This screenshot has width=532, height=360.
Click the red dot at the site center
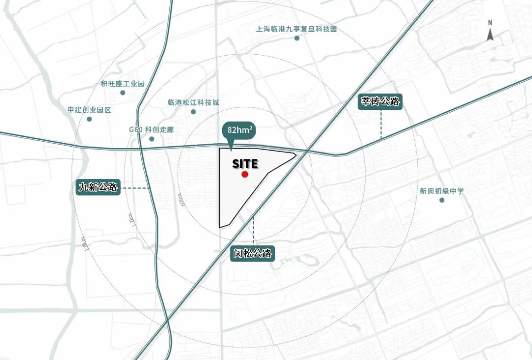[x=245, y=174]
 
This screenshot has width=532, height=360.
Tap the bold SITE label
[x=245, y=164]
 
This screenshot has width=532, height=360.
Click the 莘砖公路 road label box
[x=380, y=102]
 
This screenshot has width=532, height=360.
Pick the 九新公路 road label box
[x=98, y=187]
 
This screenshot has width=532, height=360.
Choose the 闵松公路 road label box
[x=253, y=254]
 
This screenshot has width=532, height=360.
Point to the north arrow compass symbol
[x=490, y=32]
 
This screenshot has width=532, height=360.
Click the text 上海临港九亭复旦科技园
[x=296, y=29]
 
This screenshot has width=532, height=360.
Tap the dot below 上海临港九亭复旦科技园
[x=297, y=38]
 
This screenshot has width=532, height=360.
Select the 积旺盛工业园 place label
[x=123, y=84]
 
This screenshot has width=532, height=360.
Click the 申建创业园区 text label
[x=90, y=110]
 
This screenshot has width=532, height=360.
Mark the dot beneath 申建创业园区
[x=89, y=119]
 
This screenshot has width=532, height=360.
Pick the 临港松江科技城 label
[x=193, y=103]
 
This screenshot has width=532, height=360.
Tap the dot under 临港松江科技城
[x=193, y=112]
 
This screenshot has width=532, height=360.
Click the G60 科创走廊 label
[x=151, y=130]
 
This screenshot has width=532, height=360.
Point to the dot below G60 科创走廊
[x=151, y=139]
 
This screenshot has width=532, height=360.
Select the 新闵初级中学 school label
[x=442, y=191]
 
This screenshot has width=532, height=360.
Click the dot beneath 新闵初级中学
[x=442, y=200]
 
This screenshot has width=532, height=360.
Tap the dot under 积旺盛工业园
[x=123, y=93]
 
